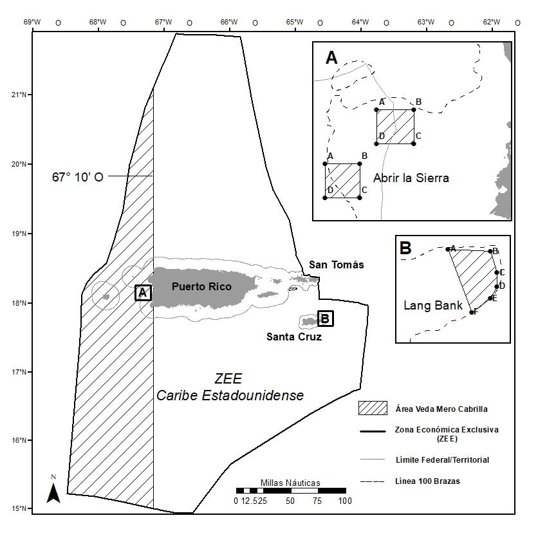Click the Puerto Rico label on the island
point(201,287)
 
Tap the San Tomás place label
point(336,264)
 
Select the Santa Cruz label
point(294,337)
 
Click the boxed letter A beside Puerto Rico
point(143,293)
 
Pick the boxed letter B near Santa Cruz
point(325,318)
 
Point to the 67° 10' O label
point(77,176)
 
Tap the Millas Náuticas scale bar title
point(290,483)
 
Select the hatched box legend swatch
point(372,408)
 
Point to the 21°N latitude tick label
point(19,95)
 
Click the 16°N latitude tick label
point(19,441)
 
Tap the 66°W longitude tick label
point(228,22)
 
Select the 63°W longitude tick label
point(425,22)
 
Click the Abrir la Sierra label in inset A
point(411,178)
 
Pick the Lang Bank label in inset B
point(432,306)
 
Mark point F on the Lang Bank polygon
point(472,312)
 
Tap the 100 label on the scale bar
point(345,501)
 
